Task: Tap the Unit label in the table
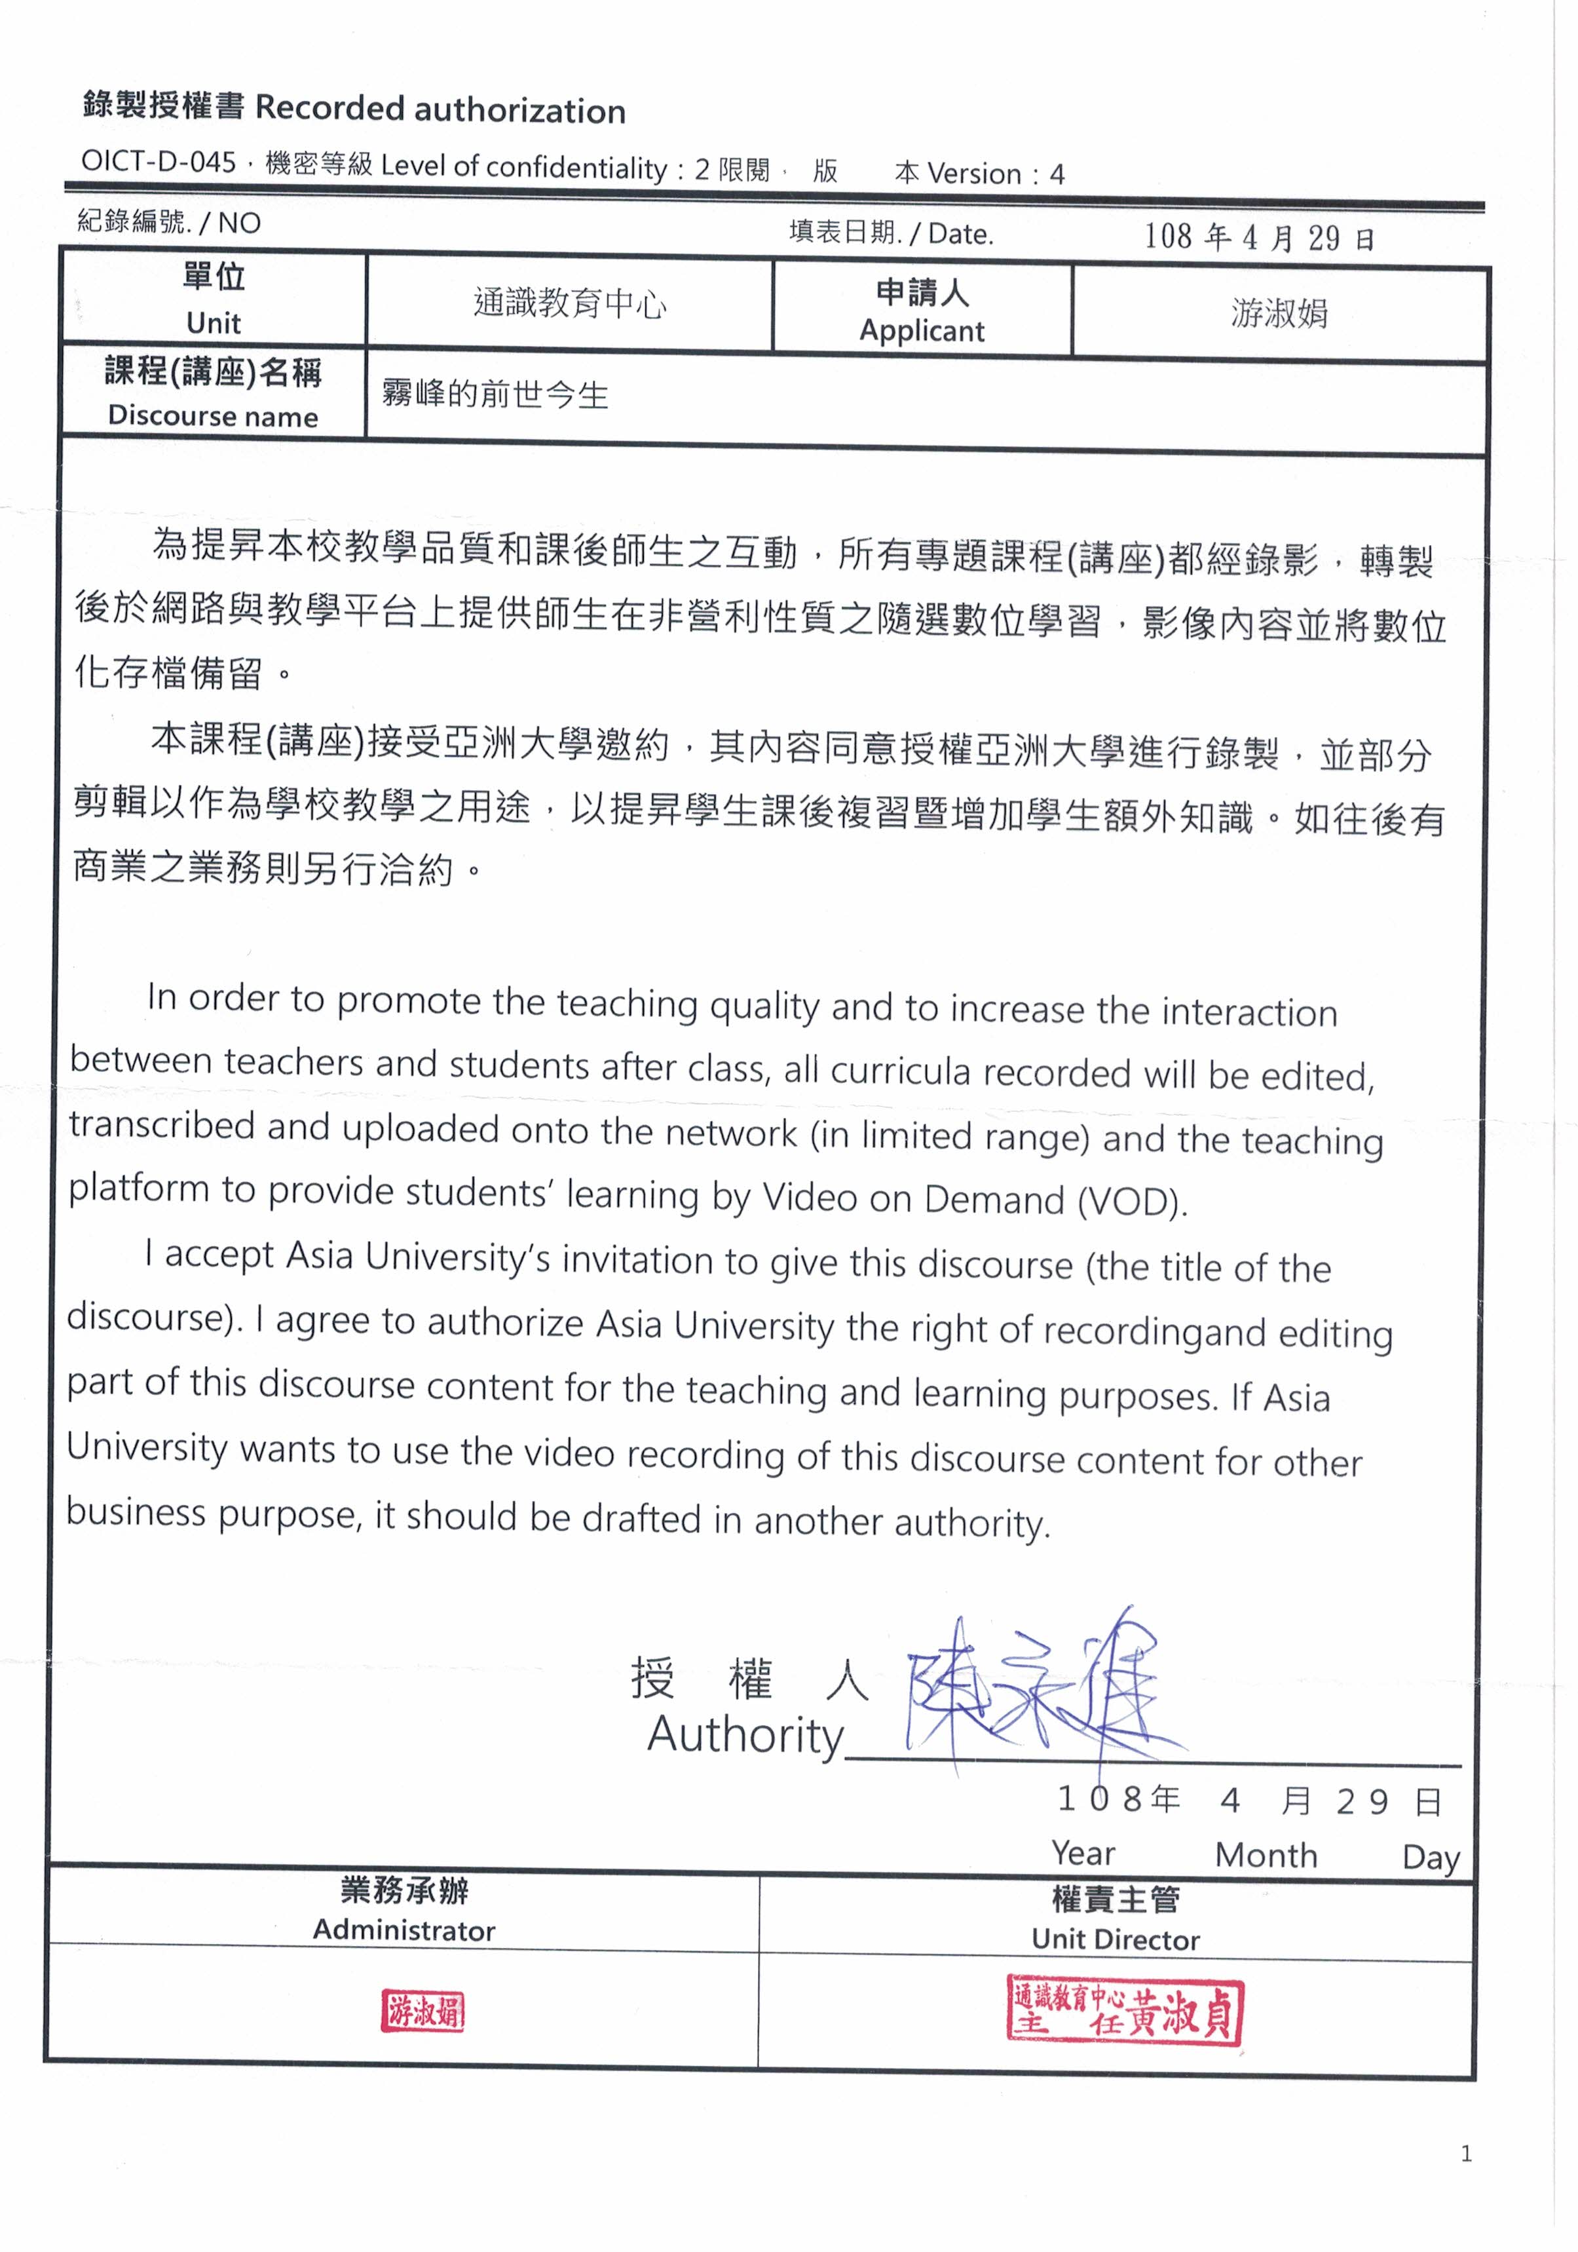pos(213,322)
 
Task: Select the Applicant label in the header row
pos(921,330)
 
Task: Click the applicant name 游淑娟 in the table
pos(1279,314)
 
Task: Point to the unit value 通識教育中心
pos(570,304)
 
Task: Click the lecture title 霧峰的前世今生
pos(495,395)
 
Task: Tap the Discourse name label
pos(213,416)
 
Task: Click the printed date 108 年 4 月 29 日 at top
pos(1258,237)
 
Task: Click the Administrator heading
pos(404,1930)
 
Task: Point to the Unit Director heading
pos(1115,1939)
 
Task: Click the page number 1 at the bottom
pos(1465,2154)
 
